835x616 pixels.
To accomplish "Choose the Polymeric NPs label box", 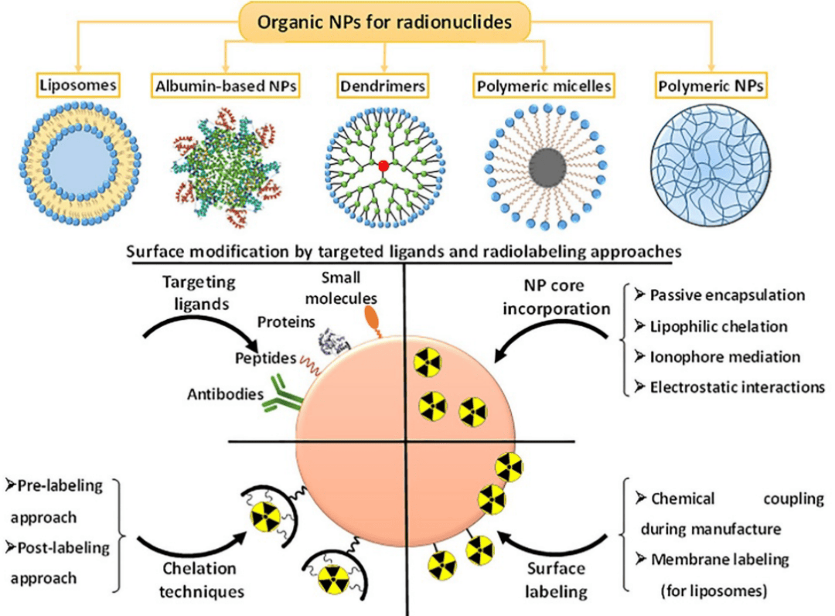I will pos(710,87).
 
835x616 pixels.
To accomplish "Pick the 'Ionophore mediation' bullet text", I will pos(724,357).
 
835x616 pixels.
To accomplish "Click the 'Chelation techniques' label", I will pos(199,579).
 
